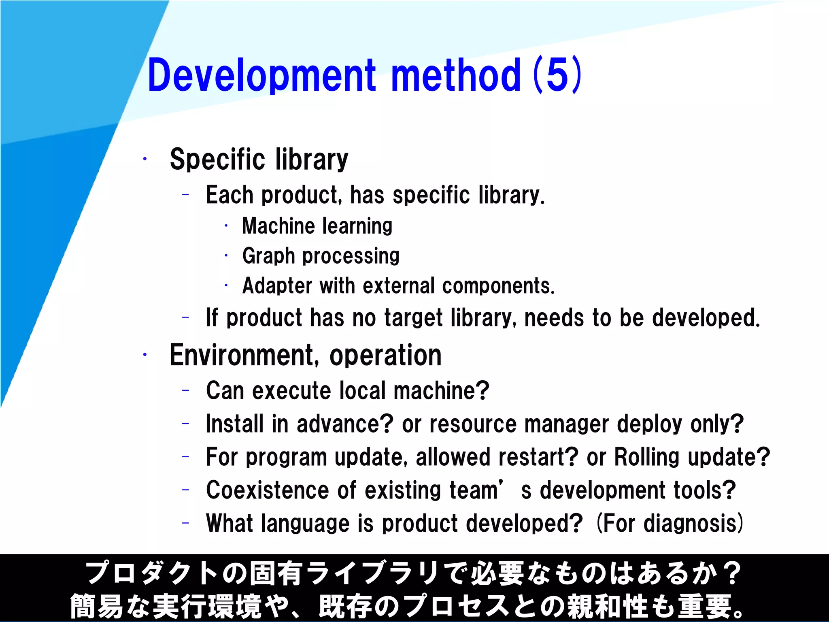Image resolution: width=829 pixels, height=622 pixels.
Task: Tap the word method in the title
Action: [456, 75]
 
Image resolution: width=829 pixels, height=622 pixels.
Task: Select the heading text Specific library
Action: [259, 159]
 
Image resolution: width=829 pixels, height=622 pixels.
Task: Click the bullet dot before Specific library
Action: [145, 159]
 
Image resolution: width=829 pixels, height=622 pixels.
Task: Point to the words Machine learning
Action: [317, 226]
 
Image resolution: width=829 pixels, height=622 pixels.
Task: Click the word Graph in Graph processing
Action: [268, 256]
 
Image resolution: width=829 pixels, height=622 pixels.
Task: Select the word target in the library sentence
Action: [413, 318]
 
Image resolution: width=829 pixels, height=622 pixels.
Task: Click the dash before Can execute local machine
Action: [186, 390]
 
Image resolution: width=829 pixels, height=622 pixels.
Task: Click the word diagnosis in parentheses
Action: [690, 524]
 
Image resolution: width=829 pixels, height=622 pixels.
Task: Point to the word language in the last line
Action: [305, 524]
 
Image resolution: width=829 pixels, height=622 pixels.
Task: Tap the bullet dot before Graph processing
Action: [226, 256]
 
